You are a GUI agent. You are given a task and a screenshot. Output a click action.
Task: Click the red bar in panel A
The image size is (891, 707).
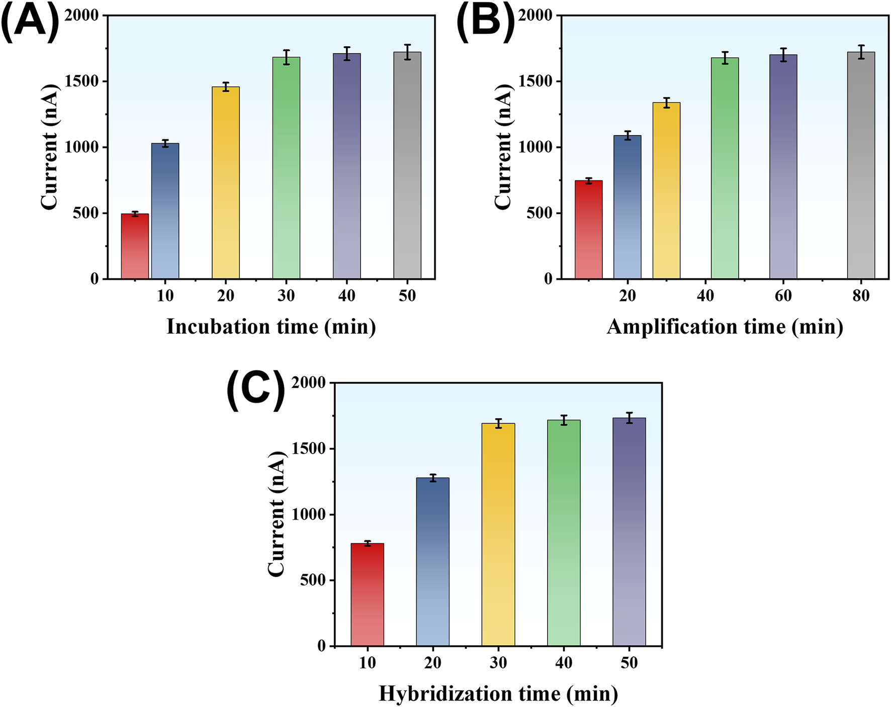pyautogui.click(x=135, y=246)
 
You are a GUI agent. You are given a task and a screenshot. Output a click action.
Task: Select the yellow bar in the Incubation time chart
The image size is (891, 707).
pyautogui.click(x=225, y=183)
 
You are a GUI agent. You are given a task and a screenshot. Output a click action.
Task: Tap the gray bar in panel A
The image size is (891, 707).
pyautogui.click(x=407, y=165)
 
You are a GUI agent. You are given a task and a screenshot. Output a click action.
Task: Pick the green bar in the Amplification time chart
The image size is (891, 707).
pyautogui.click(x=725, y=168)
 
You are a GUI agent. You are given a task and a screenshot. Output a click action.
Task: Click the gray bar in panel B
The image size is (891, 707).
pyautogui.click(x=861, y=165)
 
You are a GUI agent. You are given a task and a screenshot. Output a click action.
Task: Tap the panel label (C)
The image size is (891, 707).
pyautogui.click(x=255, y=390)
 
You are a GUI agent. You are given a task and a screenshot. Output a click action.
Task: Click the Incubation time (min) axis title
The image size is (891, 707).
pyautogui.click(x=271, y=327)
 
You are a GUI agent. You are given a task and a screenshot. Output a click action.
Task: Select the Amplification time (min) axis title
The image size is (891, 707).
pyautogui.click(x=725, y=327)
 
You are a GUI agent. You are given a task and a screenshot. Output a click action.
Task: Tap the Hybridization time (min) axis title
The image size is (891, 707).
pyautogui.click(x=498, y=694)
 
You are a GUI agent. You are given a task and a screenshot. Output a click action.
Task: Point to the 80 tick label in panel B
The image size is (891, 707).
pyautogui.click(x=861, y=296)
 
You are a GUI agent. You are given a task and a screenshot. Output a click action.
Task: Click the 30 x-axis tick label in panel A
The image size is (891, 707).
pyautogui.click(x=286, y=296)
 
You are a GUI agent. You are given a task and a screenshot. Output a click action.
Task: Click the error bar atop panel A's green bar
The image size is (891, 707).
pyautogui.click(x=286, y=57)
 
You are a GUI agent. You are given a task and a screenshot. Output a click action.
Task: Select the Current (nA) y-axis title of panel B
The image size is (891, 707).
pyautogui.click(x=503, y=147)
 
